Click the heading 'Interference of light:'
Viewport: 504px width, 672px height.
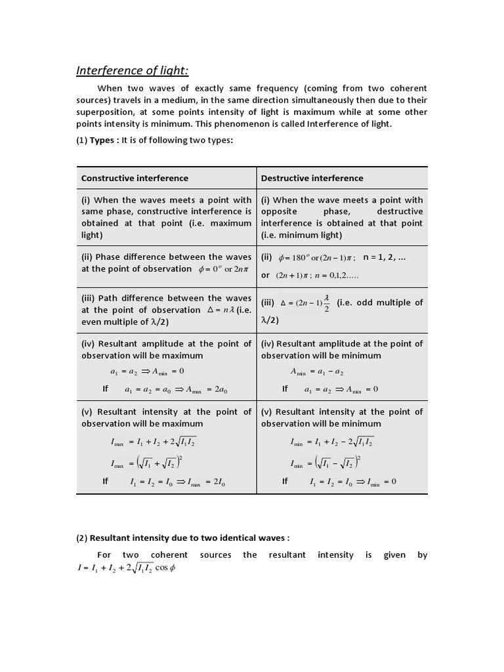pyautogui.click(x=133, y=70)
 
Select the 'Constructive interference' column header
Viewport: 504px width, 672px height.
pyautogui.click(x=135, y=178)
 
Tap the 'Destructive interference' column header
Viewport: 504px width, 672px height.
pyautogui.click(x=312, y=178)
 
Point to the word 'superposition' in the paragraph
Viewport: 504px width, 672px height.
pyautogui.click(x=104, y=112)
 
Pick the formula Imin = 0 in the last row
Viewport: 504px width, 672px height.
pyautogui.click(x=376, y=482)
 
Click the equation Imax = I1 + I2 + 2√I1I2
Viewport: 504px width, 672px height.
pyautogui.click(x=155, y=442)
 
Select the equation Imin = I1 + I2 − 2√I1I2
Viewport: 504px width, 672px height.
pyautogui.click(x=332, y=442)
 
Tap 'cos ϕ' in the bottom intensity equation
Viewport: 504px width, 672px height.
pyautogui.click(x=164, y=568)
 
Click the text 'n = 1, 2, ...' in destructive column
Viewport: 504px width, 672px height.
pyautogui.click(x=385, y=257)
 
